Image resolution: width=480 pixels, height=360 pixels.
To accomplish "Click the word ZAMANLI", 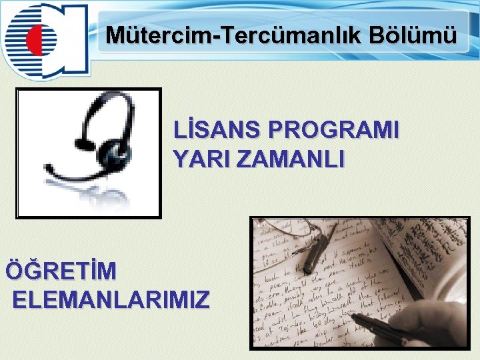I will (290, 159).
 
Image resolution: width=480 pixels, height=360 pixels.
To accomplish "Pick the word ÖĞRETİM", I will (61, 271).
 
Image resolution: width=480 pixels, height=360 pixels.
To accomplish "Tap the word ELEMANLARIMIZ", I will (111, 299).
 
